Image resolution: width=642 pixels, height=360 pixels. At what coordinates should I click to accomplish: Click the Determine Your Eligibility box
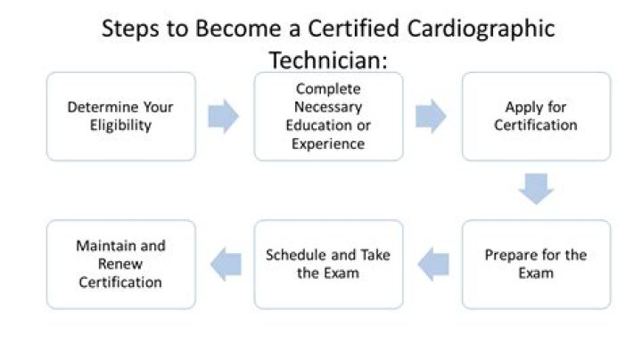[x=120, y=117]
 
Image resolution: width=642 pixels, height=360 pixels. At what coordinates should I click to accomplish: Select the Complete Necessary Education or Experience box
[x=328, y=117]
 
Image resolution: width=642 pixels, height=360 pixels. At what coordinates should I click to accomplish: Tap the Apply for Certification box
[x=536, y=117]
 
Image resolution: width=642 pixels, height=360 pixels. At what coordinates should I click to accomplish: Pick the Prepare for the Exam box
[x=536, y=264]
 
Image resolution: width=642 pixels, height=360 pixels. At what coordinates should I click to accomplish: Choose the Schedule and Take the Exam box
[x=328, y=264]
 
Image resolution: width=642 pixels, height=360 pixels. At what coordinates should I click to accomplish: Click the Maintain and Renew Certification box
[x=120, y=264]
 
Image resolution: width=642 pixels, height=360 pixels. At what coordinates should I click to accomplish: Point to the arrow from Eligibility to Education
[x=224, y=117]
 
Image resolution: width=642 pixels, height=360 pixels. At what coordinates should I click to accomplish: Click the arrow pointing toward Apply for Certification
[x=432, y=117]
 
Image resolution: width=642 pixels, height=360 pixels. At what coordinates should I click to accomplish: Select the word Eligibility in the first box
[x=120, y=126]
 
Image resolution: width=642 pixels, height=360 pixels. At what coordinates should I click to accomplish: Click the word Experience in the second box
[x=328, y=143]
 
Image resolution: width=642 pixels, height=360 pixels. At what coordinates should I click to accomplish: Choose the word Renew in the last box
[x=120, y=264]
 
